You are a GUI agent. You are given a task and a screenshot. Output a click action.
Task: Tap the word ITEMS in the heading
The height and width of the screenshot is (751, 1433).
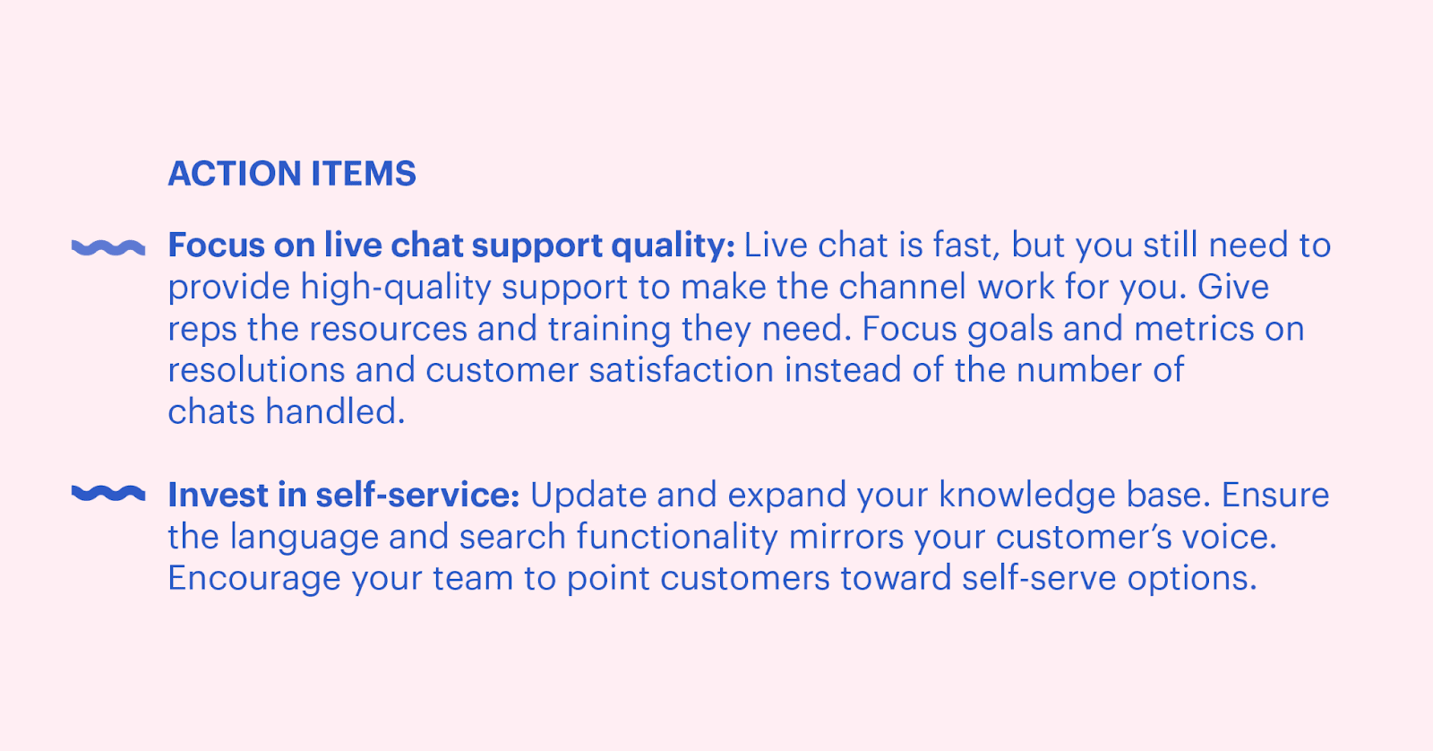click(x=364, y=174)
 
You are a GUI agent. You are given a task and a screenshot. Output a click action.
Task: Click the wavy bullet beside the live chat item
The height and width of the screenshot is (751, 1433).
click(x=108, y=247)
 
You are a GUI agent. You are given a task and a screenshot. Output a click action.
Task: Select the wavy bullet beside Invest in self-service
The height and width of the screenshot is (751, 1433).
click(x=108, y=493)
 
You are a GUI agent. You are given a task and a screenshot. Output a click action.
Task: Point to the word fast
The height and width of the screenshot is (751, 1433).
click(x=966, y=246)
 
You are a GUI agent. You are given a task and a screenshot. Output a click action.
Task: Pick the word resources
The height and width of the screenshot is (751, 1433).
click(x=389, y=330)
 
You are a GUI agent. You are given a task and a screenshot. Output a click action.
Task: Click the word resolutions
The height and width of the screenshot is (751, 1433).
click(x=256, y=370)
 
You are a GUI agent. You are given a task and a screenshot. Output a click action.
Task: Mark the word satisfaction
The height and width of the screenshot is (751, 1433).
click(x=682, y=370)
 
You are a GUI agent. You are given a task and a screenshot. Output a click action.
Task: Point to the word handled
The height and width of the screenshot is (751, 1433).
click(x=336, y=411)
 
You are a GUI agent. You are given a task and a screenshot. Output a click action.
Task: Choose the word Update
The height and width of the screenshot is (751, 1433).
click(x=588, y=496)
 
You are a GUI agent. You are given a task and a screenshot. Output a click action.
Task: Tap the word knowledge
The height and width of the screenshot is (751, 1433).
click(x=1027, y=496)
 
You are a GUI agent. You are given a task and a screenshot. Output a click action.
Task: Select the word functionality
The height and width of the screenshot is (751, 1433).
click(x=677, y=537)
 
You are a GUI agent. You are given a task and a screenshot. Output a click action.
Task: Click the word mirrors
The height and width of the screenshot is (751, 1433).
click(x=846, y=537)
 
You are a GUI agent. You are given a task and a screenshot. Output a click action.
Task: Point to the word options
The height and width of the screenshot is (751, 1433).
click(x=1192, y=580)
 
